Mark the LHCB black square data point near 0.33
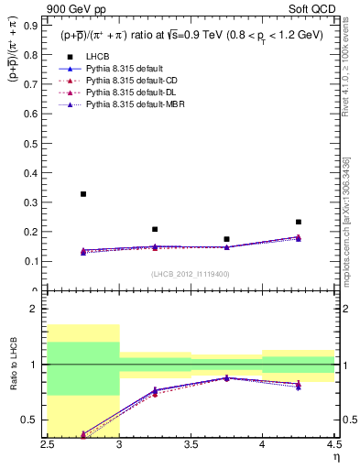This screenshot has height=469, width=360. pyautogui.click(x=83, y=194)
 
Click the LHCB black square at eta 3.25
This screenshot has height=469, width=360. pyautogui.click(x=155, y=229)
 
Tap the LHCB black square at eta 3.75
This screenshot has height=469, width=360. pyautogui.click(x=226, y=239)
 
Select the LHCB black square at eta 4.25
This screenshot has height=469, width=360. pyautogui.click(x=299, y=222)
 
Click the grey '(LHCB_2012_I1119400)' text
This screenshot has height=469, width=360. pyautogui.click(x=191, y=274)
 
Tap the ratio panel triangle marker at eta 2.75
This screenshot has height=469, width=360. pyautogui.click(x=83, y=434)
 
